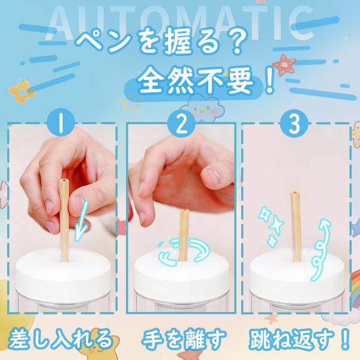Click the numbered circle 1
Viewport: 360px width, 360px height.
[x=61, y=124]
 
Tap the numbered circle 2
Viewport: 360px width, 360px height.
[x=181, y=124]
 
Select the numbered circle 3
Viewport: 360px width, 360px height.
[x=294, y=124]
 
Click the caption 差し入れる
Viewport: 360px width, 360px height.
[x=60, y=338]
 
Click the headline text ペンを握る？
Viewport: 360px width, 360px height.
[x=159, y=43]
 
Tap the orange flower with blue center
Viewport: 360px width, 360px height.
[x=22, y=91]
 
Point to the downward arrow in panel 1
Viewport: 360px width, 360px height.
[x=82, y=220]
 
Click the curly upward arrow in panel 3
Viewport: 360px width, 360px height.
[x=321, y=250]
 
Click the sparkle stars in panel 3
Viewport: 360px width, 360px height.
[x=271, y=226]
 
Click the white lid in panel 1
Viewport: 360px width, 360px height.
[x=63, y=272]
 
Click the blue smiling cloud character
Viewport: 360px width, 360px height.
[x=203, y=109]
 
